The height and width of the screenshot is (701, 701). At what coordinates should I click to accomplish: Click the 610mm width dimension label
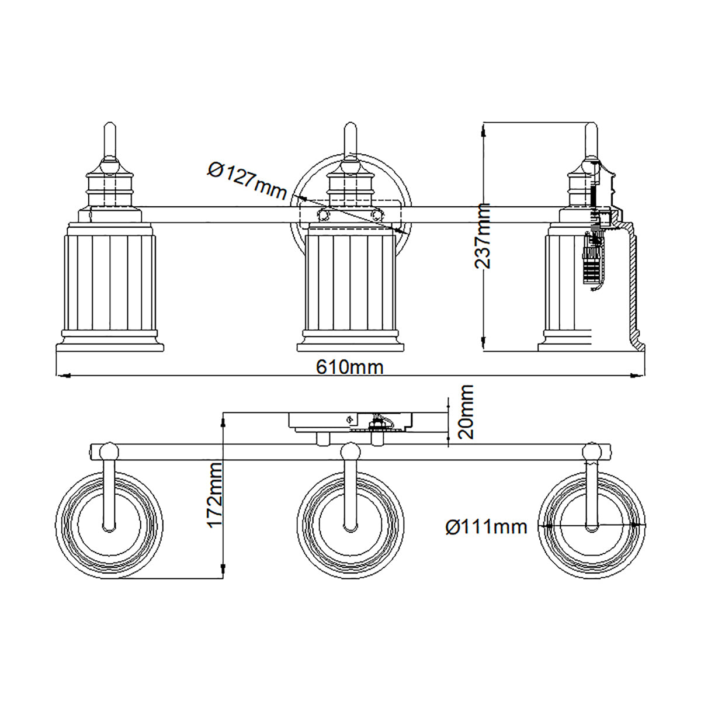point(349,367)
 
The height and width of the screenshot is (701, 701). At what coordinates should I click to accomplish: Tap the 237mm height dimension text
point(483,236)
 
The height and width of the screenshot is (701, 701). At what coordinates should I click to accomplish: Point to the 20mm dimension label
point(466,411)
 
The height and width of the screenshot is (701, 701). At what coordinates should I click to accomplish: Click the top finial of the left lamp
point(109,141)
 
